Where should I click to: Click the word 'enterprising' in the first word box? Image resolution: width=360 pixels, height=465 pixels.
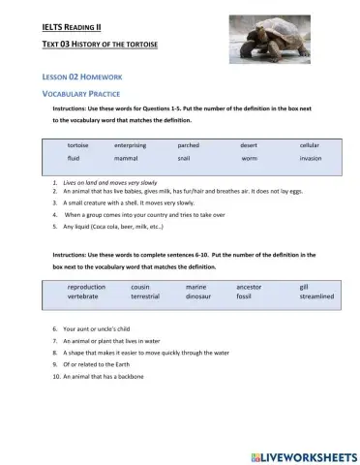pyautogui.click(x=131, y=144)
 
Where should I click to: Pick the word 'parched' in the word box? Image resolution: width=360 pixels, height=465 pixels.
pyautogui.click(x=188, y=144)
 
